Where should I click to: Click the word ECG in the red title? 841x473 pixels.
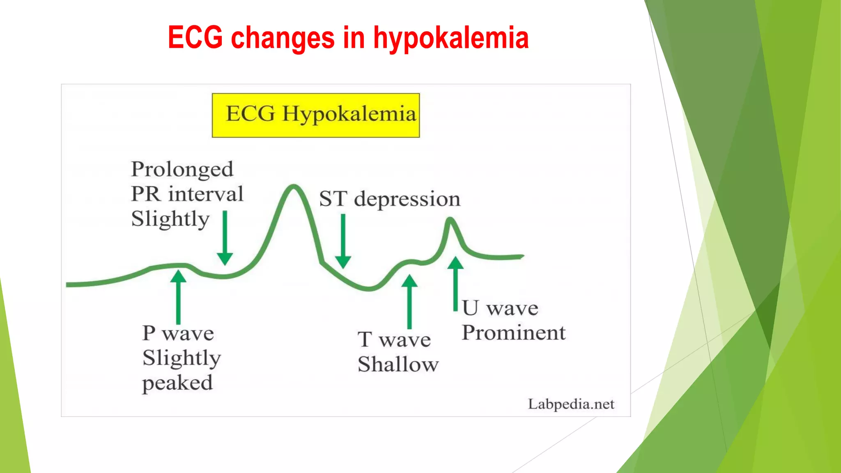tap(195, 38)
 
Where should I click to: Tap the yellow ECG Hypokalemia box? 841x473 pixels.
tap(315, 115)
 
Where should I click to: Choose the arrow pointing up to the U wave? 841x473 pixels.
tap(455, 283)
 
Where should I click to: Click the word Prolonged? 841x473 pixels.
tap(182, 170)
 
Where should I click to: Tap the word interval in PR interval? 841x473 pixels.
tap(206, 194)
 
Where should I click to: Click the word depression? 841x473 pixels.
tap(407, 199)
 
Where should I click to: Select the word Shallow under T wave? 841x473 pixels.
tap(398, 364)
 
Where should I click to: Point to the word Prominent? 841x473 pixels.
tap(513, 333)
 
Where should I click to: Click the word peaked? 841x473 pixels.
tap(177, 383)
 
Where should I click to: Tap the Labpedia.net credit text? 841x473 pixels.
tap(571, 404)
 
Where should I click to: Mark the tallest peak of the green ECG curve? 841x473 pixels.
tap(294, 186)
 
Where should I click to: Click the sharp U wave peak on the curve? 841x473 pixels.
tap(450, 219)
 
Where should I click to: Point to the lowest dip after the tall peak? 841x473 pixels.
tap(370, 289)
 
